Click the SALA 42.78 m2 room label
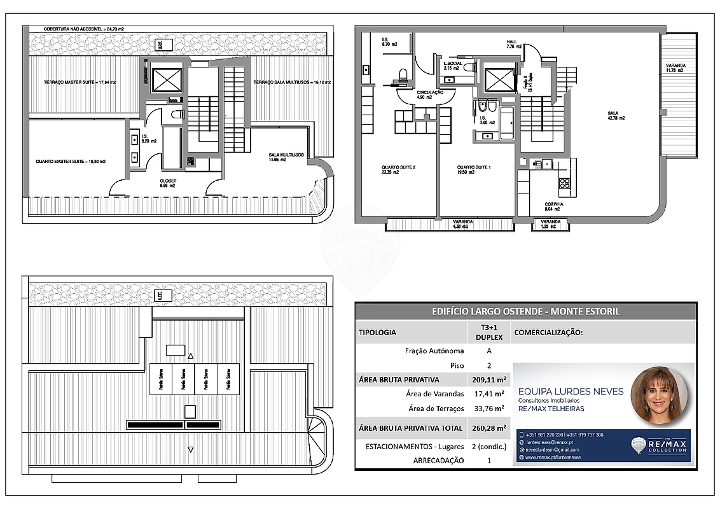(616, 115)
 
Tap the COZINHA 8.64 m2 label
(552, 206)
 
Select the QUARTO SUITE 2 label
(398, 170)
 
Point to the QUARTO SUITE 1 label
(473, 170)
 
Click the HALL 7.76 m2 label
(513, 44)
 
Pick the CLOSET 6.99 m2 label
(167, 183)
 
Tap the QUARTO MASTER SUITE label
(71, 162)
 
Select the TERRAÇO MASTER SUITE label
(80, 83)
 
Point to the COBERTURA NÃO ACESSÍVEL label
(83, 29)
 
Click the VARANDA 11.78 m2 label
(675, 68)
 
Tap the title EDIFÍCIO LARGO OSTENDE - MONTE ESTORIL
(525, 311)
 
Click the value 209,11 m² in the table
(488, 380)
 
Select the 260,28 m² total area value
(488, 428)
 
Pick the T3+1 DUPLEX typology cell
(488, 332)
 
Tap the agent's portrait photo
(658, 394)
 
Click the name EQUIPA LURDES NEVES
(571, 391)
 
